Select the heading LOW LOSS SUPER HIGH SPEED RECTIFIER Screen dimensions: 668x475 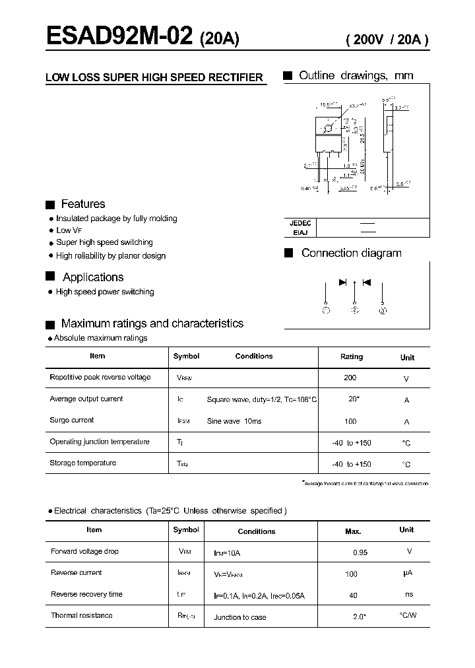click(x=154, y=77)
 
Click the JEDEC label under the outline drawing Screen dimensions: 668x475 click(x=300, y=223)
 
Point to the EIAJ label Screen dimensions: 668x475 click(x=300, y=232)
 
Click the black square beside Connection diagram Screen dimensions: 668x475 click(x=288, y=253)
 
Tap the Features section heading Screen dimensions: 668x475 click(x=82, y=204)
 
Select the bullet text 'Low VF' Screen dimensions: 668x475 click(x=69, y=230)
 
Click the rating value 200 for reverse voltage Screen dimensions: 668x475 click(x=350, y=378)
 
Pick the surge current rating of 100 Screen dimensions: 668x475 click(x=350, y=421)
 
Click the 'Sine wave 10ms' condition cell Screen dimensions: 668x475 click(x=234, y=421)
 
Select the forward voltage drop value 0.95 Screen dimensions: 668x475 click(x=360, y=552)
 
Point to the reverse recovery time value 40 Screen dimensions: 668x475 click(x=353, y=595)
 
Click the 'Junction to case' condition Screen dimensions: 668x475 click(x=240, y=617)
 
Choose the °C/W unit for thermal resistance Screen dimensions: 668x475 click(x=408, y=616)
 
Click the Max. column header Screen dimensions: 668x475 click(x=353, y=531)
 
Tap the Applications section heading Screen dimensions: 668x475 click(x=93, y=277)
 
